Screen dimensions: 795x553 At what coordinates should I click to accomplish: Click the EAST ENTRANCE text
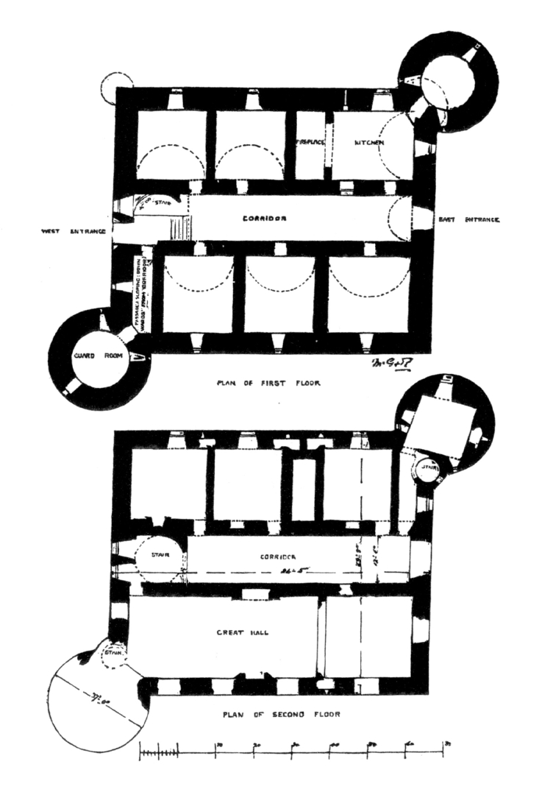[x=469, y=219]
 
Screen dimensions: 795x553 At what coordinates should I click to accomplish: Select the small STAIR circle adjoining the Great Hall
[x=113, y=653]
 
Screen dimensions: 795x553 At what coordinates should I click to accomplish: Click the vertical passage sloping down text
[x=141, y=286]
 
